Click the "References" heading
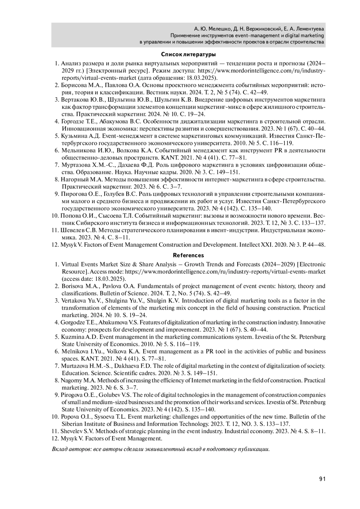(188, 256)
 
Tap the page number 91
(322, 479)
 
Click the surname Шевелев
(70, 230)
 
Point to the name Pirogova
(71, 395)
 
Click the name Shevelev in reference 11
(71, 431)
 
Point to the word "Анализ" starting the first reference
(70, 64)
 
